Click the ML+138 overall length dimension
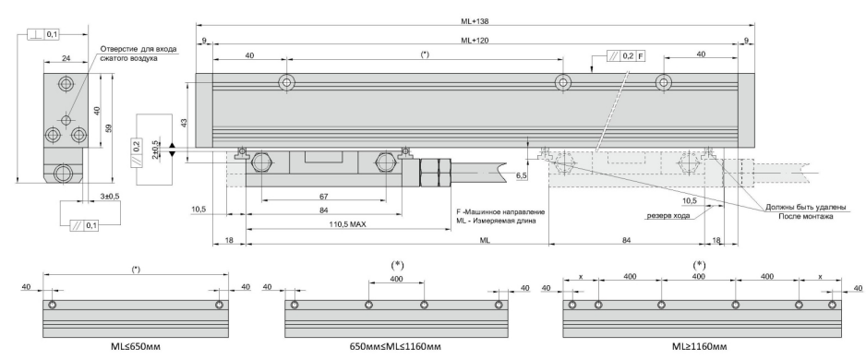475,21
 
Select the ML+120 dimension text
475,40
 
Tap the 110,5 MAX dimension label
348,224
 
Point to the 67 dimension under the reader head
324,196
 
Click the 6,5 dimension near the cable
522,175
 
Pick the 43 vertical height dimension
185,122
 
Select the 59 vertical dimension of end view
109,127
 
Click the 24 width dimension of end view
66,58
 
